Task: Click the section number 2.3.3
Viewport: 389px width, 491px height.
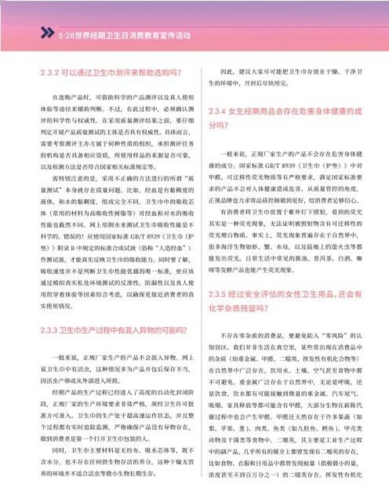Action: click(49, 329)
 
